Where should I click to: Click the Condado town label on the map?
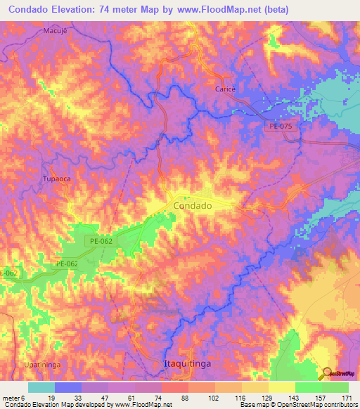coord(192,206)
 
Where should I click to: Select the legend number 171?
coord(347,398)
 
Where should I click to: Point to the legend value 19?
coord(41,398)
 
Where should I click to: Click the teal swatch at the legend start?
coord(41,387)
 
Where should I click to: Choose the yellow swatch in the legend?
coord(281,387)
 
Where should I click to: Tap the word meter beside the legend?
coord(12,398)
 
